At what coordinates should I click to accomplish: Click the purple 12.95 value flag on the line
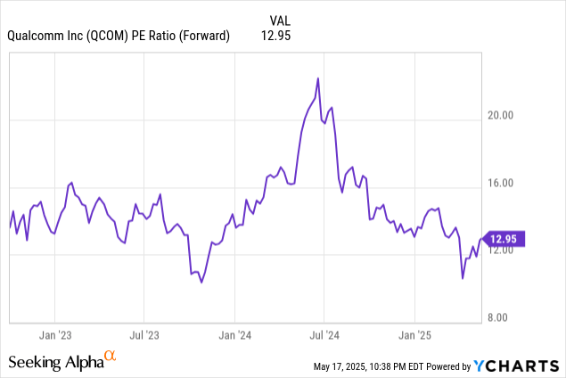click(507, 238)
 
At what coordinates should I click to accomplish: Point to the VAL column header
click(280, 19)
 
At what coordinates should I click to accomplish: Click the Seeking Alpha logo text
click(54, 361)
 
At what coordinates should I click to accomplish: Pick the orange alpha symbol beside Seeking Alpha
click(111, 357)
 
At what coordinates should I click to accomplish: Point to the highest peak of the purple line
click(318, 78)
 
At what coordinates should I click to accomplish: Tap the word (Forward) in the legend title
click(201, 36)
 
